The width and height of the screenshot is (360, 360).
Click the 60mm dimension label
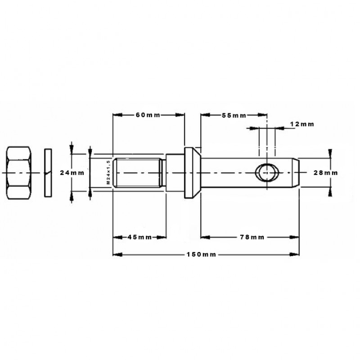point(148,115)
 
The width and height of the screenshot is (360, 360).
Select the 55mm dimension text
point(234,116)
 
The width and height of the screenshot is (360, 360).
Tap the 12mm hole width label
point(302,124)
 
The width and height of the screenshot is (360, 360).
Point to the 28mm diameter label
point(325,173)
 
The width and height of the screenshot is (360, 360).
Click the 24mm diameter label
point(72,173)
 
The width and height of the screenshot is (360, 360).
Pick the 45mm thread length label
point(139,237)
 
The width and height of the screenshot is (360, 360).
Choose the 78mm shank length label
point(252,237)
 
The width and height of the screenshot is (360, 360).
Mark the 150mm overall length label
point(201,254)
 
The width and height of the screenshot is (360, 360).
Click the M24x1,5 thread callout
point(108,172)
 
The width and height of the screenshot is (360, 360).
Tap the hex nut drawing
point(19,173)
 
